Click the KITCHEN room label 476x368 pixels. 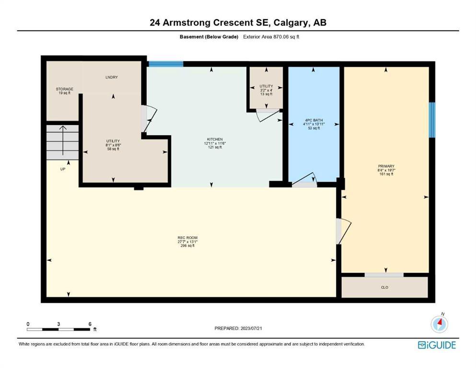215,139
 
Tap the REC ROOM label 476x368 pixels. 187,238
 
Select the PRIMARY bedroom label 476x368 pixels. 386,166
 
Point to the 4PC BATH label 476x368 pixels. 314,120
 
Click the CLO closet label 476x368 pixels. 384,287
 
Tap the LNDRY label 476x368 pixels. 112,77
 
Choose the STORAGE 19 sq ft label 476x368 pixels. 64,91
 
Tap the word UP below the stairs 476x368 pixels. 62,169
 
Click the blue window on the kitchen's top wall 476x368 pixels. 166,64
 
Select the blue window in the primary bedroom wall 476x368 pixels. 432,120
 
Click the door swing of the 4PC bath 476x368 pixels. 304,180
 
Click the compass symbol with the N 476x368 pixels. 439,324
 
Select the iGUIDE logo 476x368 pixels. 437,345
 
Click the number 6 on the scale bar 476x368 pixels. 90,324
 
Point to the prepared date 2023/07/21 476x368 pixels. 251,328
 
